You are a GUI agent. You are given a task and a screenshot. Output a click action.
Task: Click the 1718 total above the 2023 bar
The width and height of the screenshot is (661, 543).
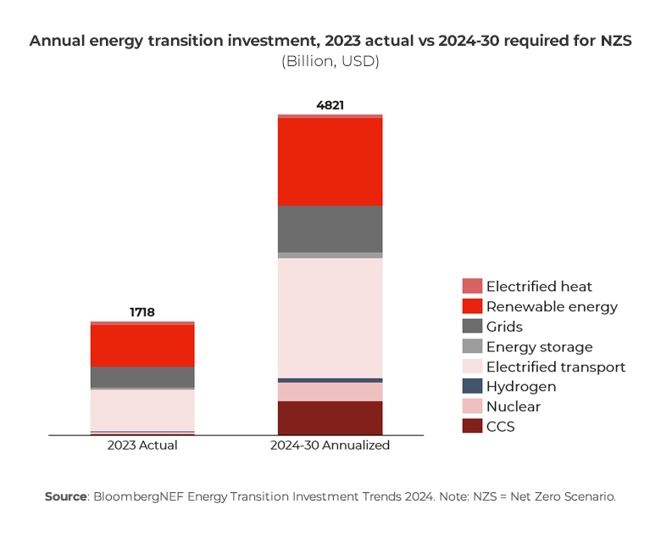142,312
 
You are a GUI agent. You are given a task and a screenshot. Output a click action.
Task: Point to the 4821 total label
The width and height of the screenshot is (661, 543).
330,105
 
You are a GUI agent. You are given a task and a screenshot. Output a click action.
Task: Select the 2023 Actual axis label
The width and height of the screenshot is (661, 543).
142,445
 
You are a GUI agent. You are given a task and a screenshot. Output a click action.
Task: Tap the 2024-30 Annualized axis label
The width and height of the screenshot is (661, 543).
330,445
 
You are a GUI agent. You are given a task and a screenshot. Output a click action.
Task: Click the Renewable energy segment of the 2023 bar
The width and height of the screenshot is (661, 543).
142,345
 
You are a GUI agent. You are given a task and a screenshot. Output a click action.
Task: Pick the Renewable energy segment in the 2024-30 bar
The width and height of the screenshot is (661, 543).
330,161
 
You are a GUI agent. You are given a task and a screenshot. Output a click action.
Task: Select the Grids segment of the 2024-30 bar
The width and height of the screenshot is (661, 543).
330,228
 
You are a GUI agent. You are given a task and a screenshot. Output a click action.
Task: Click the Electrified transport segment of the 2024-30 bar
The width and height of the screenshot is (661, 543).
330,317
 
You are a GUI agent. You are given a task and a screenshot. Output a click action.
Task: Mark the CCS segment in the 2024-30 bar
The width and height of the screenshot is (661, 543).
330,417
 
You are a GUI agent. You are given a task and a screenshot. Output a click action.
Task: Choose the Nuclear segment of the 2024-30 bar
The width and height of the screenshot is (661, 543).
330,391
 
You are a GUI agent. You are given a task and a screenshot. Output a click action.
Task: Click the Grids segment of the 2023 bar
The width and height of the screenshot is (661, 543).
142,377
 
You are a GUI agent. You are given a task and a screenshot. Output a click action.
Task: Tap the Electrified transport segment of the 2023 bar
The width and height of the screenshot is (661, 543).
142,410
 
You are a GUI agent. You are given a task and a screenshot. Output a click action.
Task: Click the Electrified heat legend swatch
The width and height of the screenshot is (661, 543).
472,287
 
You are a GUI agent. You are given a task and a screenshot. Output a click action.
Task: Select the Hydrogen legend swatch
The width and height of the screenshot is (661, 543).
472,386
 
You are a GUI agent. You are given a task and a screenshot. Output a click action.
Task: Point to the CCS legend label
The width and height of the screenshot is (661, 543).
500,427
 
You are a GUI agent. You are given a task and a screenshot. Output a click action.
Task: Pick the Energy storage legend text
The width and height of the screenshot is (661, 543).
539,347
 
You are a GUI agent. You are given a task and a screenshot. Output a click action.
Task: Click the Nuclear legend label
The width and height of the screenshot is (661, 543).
513,406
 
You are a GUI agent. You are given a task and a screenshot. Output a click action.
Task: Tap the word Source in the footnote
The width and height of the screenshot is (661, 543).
66,496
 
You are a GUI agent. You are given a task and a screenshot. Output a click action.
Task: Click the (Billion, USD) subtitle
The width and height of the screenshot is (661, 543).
330,61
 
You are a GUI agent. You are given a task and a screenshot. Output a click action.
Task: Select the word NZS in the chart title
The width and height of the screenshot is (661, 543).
614,41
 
